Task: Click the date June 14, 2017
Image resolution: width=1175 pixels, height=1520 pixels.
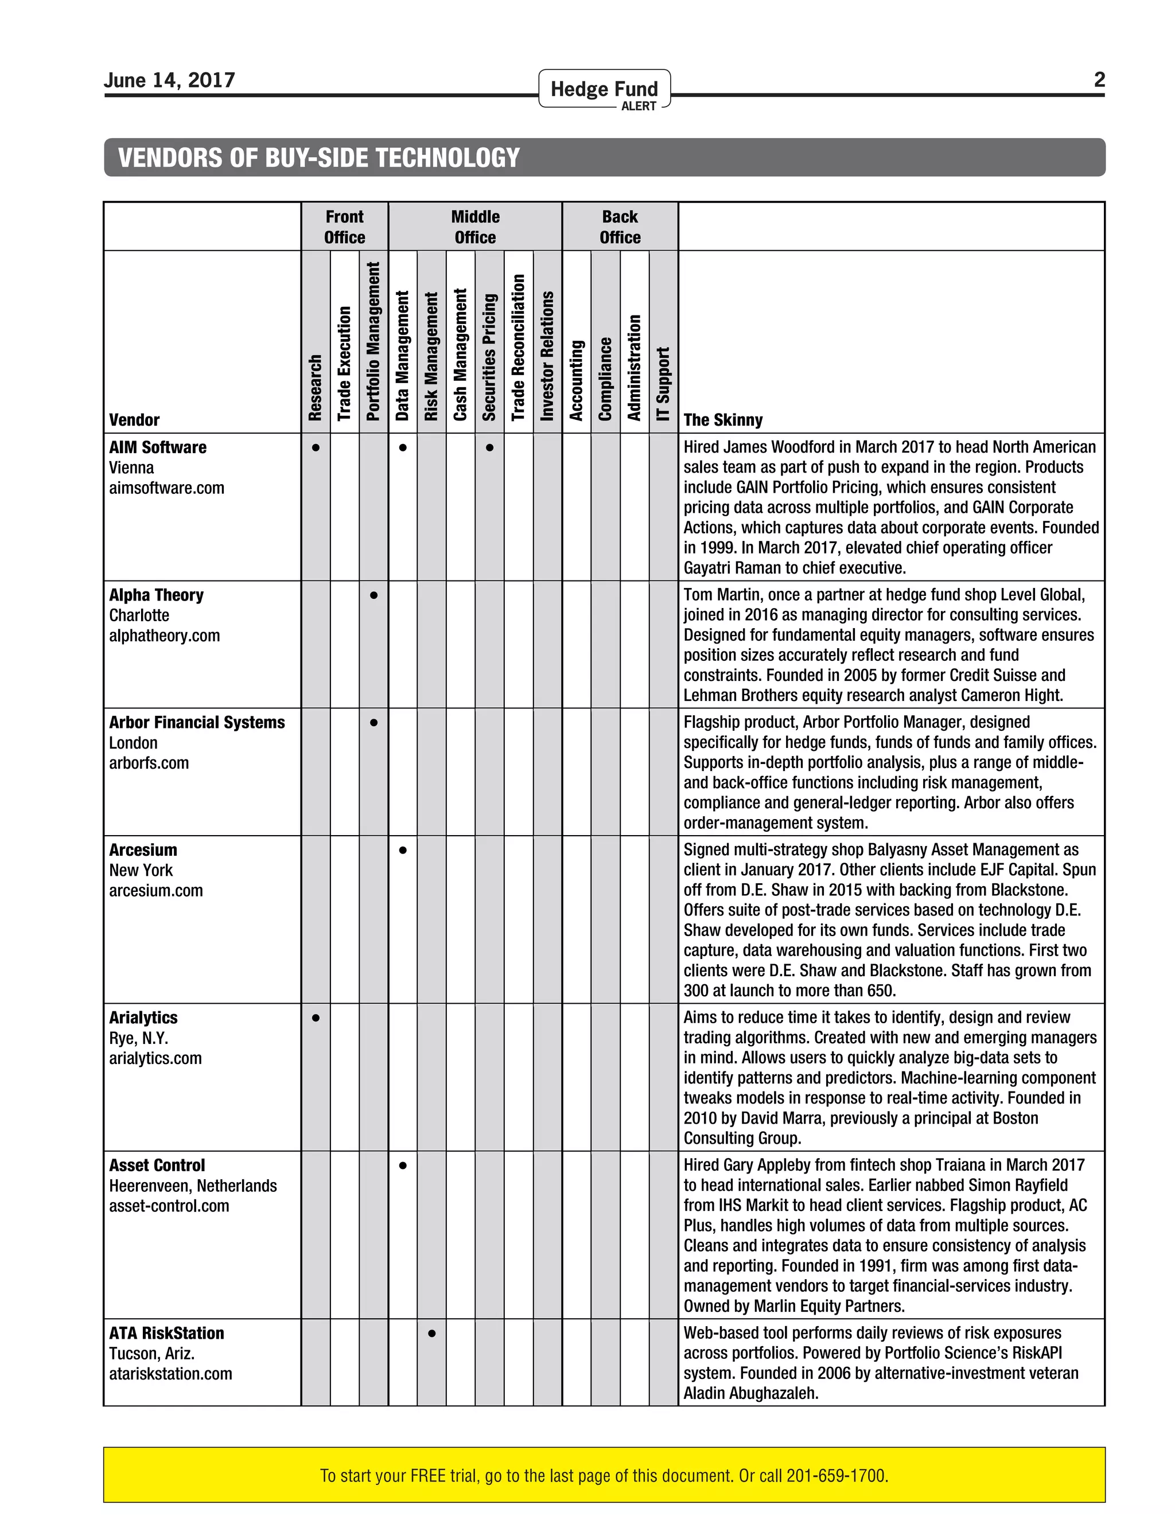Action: pyautogui.click(x=169, y=80)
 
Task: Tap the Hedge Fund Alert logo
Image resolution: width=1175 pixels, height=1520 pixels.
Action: pyautogui.click(x=604, y=90)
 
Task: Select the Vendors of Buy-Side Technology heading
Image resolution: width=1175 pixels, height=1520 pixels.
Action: pyautogui.click(x=319, y=158)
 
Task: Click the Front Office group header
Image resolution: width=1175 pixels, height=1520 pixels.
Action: pyautogui.click(x=345, y=227)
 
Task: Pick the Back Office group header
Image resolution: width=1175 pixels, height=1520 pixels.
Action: pyautogui.click(x=620, y=227)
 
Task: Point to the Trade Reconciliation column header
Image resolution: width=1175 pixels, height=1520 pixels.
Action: pyautogui.click(x=519, y=346)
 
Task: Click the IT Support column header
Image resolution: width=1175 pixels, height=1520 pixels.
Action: pyautogui.click(x=663, y=384)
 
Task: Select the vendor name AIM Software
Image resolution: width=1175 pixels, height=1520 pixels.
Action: pyautogui.click(x=157, y=447)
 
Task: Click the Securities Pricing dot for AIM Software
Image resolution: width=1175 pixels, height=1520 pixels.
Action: pyautogui.click(x=489, y=447)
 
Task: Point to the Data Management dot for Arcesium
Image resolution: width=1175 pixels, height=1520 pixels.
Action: pyautogui.click(x=402, y=850)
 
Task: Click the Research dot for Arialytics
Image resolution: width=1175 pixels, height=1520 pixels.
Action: pyautogui.click(x=316, y=1018)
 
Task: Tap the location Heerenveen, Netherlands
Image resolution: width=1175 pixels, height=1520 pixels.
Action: pyautogui.click(x=193, y=1186)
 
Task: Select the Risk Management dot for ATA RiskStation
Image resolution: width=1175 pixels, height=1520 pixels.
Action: pyautogui.click(x=431, y=1334)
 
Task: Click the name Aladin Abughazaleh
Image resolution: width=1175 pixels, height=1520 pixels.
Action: pyautogui.click(x=750, y=1393)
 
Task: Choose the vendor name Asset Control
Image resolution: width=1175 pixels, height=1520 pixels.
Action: pyautogui.click(x=157, y=1166)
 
